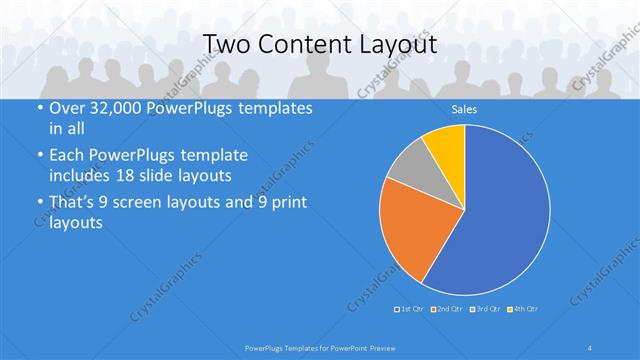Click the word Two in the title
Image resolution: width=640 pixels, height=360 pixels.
(227, 45)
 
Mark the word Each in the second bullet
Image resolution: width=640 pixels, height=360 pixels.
(67, 155)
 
